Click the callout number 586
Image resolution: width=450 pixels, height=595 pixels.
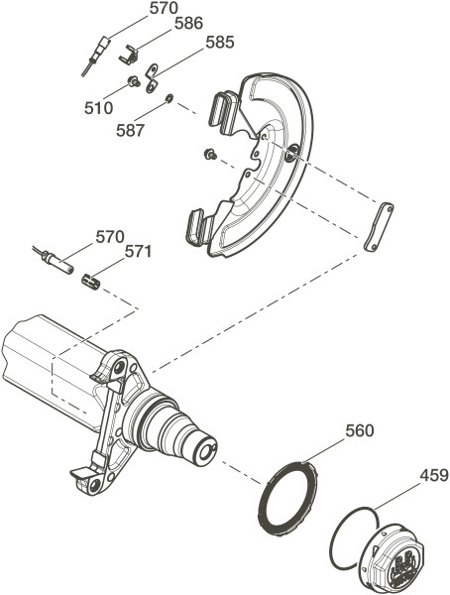188,24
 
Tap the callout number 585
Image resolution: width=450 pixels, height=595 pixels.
220,42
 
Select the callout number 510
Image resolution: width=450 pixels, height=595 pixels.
99,108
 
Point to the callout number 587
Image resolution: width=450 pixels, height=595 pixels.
131,131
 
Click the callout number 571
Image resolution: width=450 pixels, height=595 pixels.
139,252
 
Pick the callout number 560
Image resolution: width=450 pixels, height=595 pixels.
360,431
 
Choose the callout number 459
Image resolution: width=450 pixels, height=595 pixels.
434,475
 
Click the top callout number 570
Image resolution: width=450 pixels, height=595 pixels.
164,8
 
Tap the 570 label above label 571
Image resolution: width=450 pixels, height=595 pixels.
110,237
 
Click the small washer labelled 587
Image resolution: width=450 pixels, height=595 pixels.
169,98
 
